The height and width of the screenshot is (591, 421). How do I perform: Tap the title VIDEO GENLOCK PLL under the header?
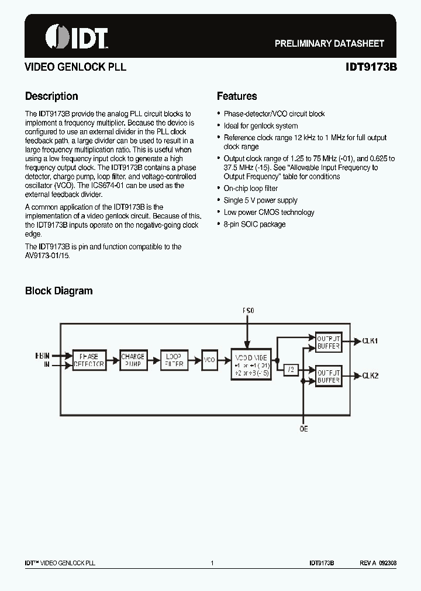[75, 67]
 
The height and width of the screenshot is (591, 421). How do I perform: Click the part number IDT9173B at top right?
[371, 67]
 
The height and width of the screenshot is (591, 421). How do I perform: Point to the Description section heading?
[51, 96]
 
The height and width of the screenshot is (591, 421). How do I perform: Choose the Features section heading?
[237, 96]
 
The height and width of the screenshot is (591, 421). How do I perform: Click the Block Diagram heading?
[58, 291]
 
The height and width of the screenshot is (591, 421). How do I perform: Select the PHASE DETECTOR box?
[89, 360]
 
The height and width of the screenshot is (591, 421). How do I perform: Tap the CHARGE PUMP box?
[133, 360]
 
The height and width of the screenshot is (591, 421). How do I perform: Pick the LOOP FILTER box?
[174, 360]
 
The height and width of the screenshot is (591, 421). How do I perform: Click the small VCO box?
[209, 360]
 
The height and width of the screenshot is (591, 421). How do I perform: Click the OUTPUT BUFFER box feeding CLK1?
[329, 342]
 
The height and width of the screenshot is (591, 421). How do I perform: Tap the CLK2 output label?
[370, 376]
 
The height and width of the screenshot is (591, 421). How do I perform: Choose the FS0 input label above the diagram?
[249, 311]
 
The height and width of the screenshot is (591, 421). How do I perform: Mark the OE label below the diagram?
[304, 429]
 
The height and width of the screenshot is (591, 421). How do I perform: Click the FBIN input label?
[42, 354]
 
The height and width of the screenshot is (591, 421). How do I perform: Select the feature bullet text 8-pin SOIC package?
[254, 224]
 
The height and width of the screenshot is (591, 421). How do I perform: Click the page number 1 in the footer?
[212, 563]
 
